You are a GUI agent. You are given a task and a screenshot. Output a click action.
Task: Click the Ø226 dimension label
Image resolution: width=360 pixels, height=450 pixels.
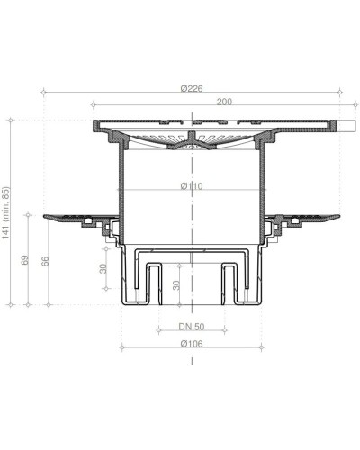click(x=191, y=87)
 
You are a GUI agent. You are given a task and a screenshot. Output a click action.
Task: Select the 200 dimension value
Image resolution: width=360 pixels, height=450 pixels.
click(x=224, y=102)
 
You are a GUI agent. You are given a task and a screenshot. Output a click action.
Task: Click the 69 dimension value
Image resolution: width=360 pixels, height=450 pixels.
click(x=28, y=260)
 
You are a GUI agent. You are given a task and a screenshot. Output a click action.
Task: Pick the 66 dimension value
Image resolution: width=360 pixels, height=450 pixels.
click(x=46, y=262)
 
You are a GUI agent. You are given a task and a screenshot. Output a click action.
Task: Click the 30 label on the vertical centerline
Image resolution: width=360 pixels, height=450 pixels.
click(x=177, y=286)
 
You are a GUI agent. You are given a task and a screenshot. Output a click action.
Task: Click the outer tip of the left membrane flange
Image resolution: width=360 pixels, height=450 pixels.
click(x=43, y=216)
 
